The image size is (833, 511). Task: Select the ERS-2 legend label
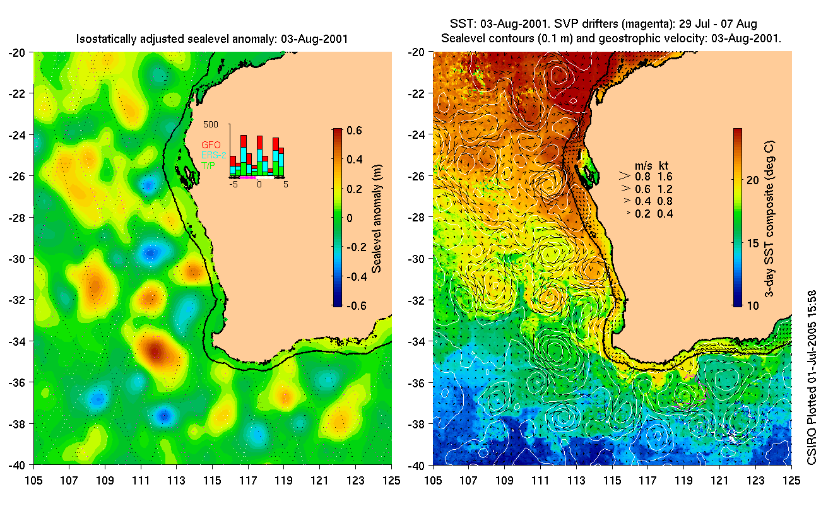tap(214, 155)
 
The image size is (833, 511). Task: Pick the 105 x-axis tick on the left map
tap(33, 479)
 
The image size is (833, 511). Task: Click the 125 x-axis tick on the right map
tap(791, 479)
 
